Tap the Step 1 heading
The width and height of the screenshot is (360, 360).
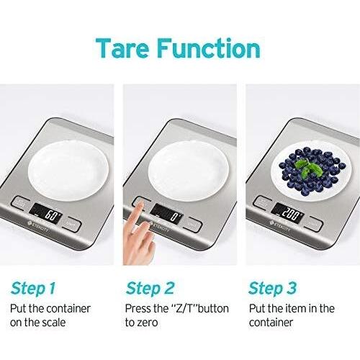[x=32, y=289]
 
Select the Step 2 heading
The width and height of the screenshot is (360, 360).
[x=150, y=289]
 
